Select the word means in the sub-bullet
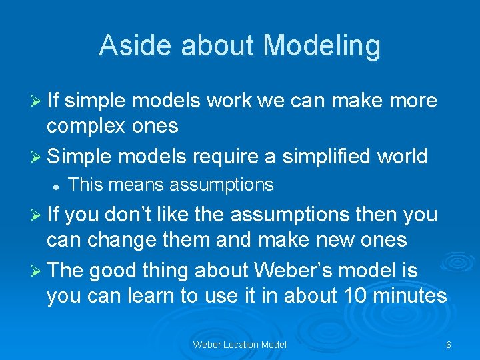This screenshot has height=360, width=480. coord(127,185)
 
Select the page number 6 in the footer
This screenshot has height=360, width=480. coord(449,345)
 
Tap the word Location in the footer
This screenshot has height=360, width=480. coord(239,345)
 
